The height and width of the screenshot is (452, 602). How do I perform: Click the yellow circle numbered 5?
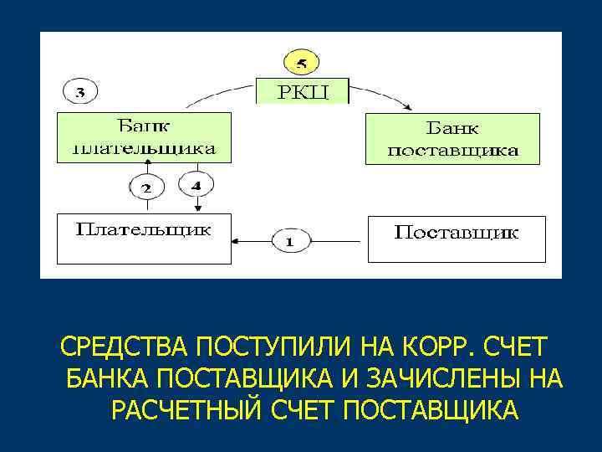pos(303,63)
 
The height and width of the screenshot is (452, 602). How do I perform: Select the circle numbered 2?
pos(145,186)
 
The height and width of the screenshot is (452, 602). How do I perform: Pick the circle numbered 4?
pos(196,185)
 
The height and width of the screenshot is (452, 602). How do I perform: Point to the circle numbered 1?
pos(289,241)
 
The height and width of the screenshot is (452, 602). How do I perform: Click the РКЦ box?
pos(303,90)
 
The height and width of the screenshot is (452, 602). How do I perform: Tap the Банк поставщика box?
pos(452,139)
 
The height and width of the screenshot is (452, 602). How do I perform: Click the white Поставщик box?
pos(457,239)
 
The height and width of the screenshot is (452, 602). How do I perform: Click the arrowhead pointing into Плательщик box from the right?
pos(237,241)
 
